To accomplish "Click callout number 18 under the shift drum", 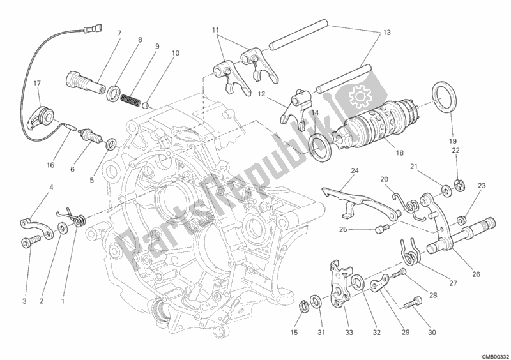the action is pyautogui.click(x=400, y=153).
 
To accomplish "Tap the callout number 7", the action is pyautogui.click(x=119, y=33).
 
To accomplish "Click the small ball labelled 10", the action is pyautogui.click(x=146, y=105).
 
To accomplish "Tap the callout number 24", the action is pyautogui.click(x=355, y=170).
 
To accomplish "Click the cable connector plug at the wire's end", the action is pyautogui.click(x=93, y=29).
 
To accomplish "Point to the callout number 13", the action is pyautogui.click(x=386, y=33).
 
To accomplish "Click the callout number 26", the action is pyautogui.click(x=476, y=274).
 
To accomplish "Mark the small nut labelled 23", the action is pyautogui.click(x=461, y=221).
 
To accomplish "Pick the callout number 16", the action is pyautogui.click(x=50, y=165).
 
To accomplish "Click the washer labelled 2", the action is pyautogui.click(x=61, y=228).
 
